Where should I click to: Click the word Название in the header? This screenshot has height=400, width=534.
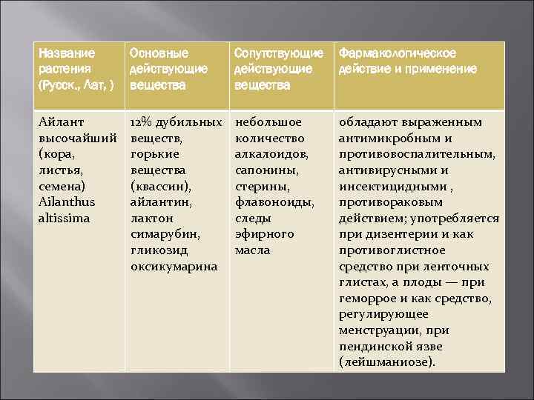point(67,54)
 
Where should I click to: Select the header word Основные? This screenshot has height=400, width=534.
point(159,54)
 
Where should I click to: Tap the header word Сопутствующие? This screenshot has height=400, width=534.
point(278,54)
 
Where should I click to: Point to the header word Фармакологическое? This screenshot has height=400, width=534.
point(398,54)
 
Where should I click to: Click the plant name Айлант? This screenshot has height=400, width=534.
point(61,121)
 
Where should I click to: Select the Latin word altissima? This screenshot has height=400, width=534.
point(65,219)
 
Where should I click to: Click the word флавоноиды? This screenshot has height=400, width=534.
point(274,202)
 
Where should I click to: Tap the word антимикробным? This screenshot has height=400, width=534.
point(386,138)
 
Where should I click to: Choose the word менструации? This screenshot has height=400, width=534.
point(379,330)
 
